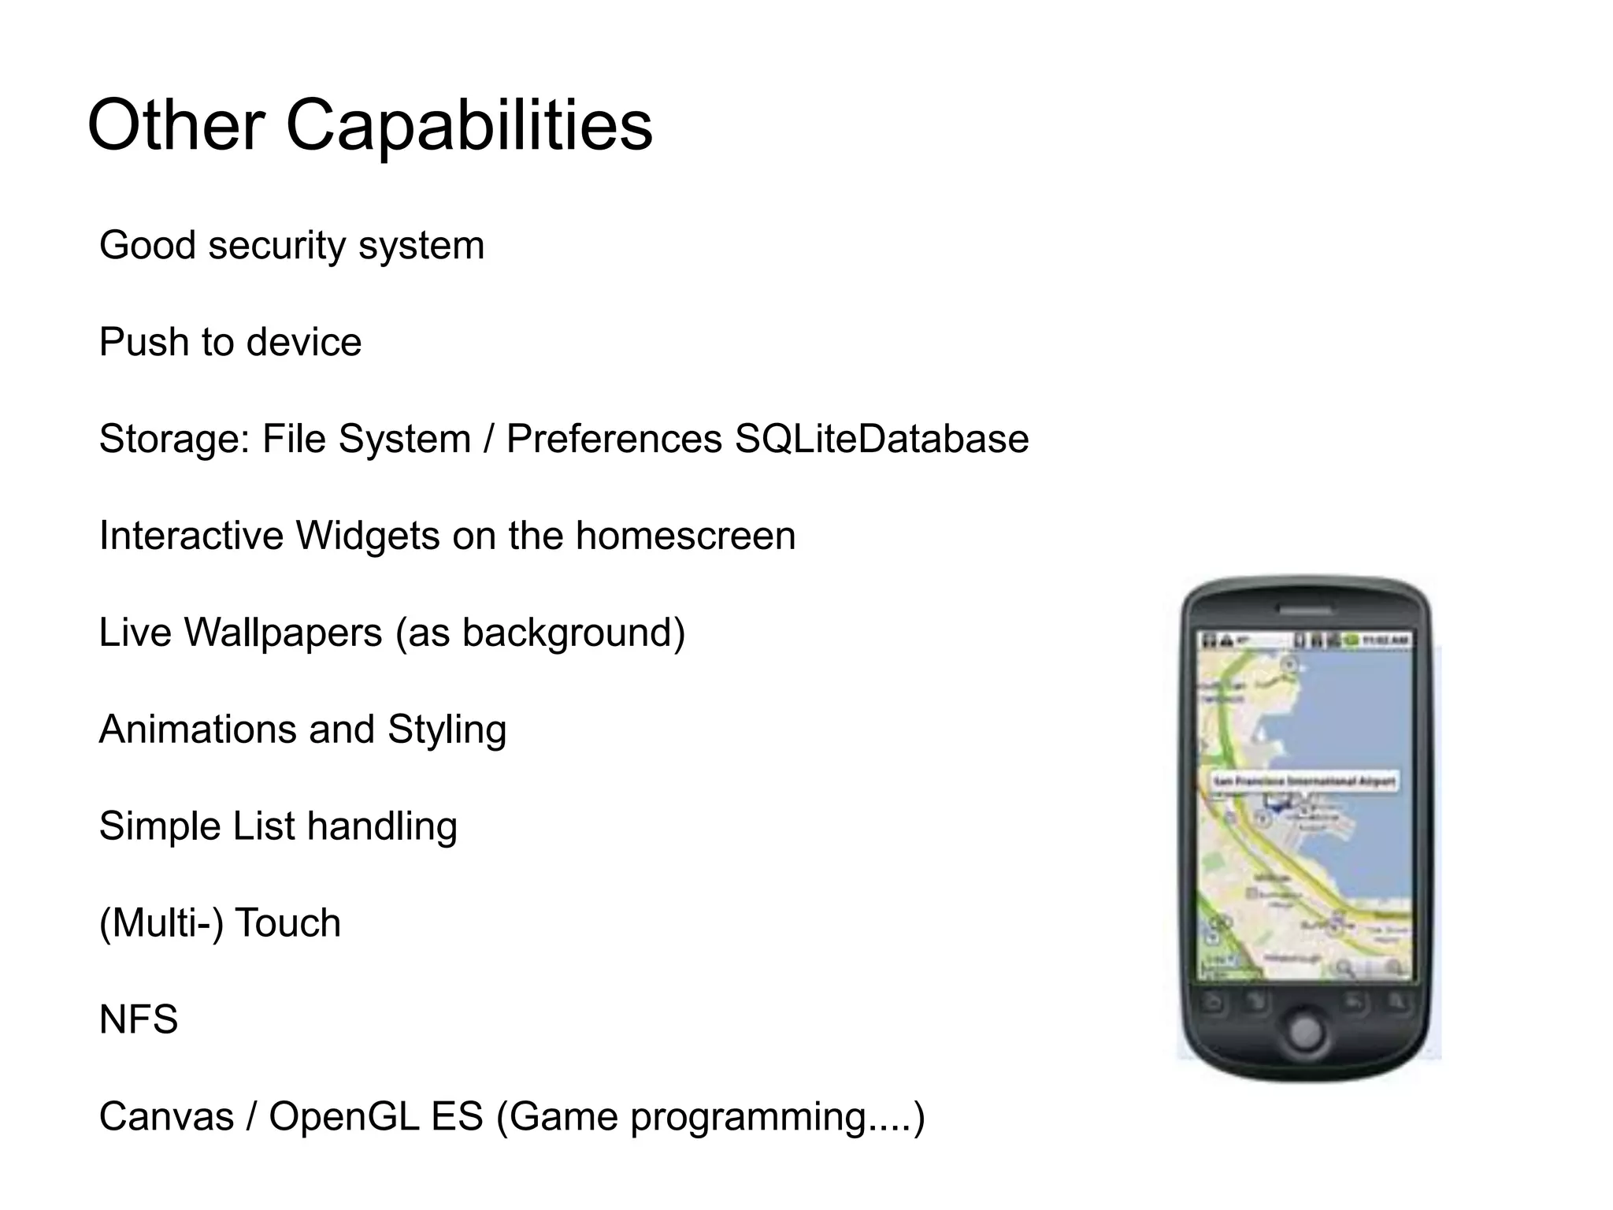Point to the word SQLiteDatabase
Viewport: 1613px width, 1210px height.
(881, 439)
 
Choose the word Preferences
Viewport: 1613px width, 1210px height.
(614, 439)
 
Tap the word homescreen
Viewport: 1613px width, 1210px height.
(685, 536)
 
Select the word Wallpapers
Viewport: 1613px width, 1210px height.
(284, 633)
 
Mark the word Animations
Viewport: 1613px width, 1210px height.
(197, 729)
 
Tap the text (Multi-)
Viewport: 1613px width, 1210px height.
(161, 923)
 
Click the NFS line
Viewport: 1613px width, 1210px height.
(139, 1019)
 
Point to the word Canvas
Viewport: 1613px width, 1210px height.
(167, 1117)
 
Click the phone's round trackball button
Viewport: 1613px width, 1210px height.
(1305, 1029)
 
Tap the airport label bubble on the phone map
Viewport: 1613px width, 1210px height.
(1304, 781)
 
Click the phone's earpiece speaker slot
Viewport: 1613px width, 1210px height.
(1305, 609)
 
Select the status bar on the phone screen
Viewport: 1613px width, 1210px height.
(1305, 640)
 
